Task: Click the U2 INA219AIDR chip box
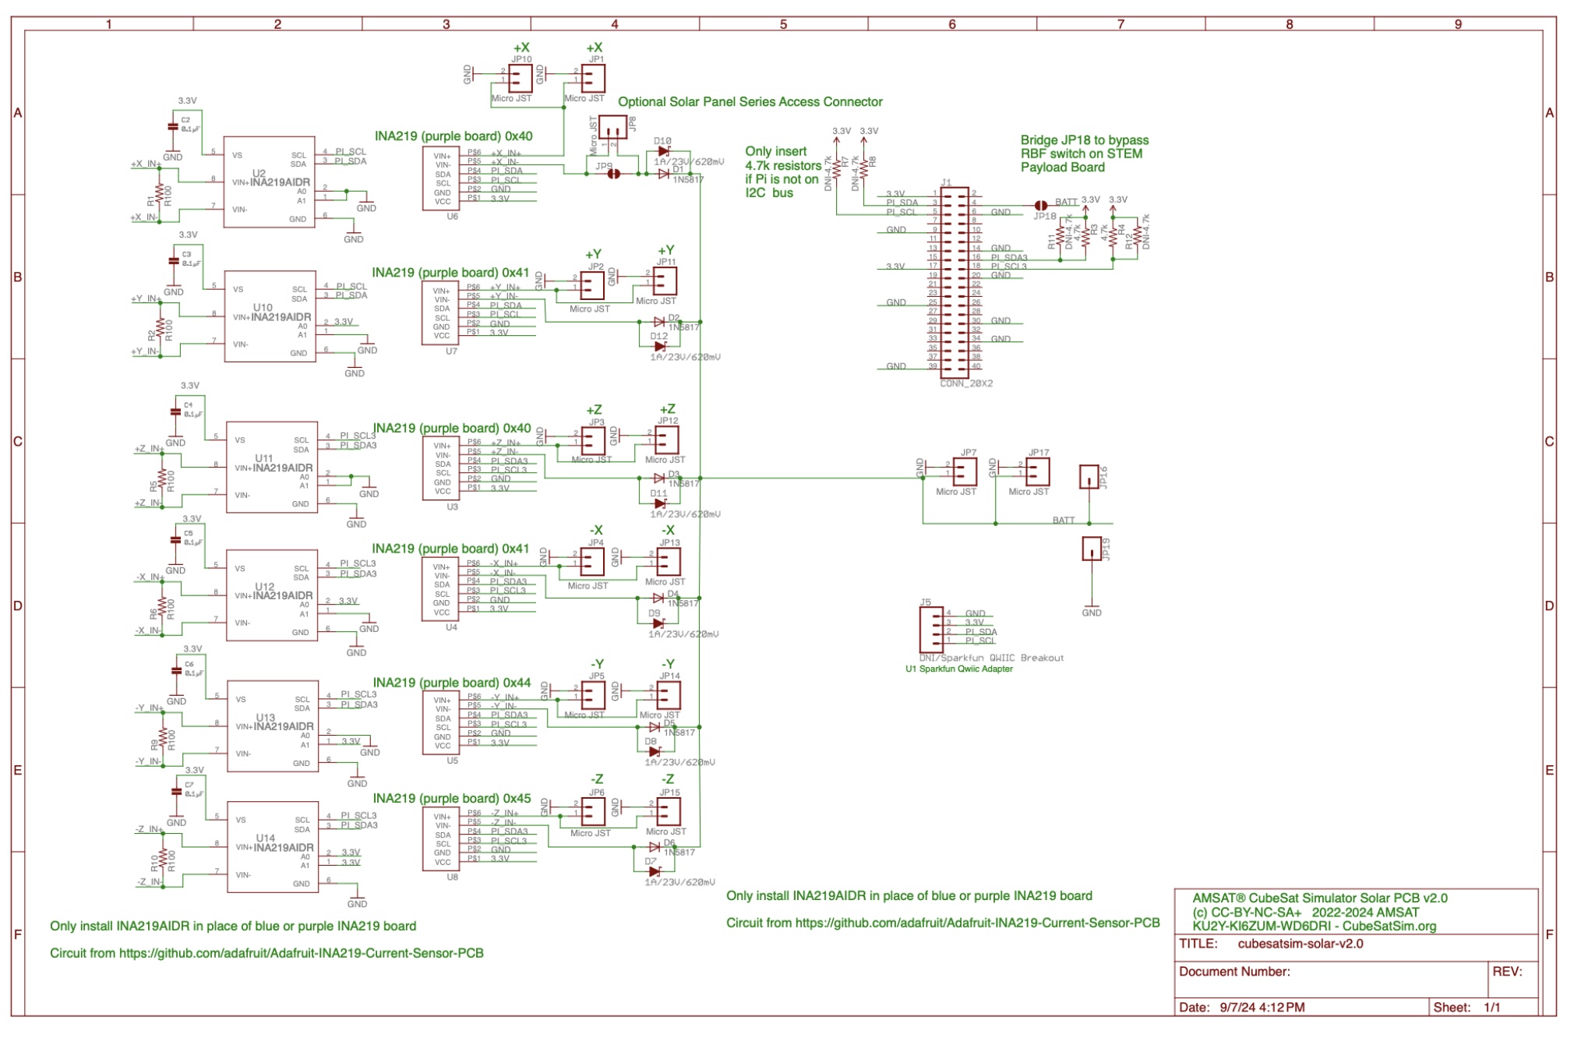(x=269, y=182)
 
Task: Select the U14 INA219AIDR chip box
(x=273, y=846)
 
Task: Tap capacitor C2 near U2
(x=172, y=126)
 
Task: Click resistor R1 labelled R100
(x=159, y=192)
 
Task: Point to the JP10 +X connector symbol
(x=520, y=78)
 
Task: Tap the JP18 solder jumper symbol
(x=1040, y=206)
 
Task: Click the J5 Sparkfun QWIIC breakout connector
(x=931, y=629)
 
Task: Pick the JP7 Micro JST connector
(x=965, y=471)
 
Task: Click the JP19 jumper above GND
(x=1092, y=549)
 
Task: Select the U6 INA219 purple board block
(x=441, y=178)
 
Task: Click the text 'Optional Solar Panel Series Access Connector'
(x=750, y=102)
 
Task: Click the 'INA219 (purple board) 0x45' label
(x=452, y=798)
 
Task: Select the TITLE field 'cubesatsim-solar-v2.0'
(x=1300, y=944)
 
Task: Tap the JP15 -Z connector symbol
(x=668, y=811)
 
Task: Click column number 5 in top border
(x=783, y=24)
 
